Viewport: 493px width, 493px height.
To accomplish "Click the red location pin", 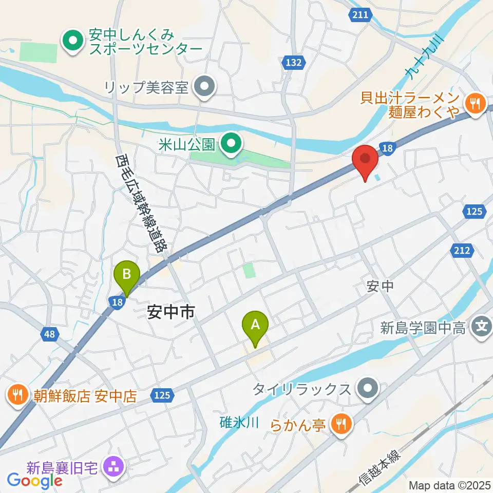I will click(x=365, y=160).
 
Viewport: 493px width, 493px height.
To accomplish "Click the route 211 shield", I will click(x=361, y=15).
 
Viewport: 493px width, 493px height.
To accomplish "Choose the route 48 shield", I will click(x=49, y=335).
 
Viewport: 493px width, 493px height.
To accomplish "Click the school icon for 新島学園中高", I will click(x=482, y=326).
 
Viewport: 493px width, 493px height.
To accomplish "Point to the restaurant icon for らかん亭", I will click(x=340, y=424).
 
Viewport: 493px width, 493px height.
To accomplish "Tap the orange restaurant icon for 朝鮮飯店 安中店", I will click(x=16, y=396).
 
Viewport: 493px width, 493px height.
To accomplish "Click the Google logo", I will click(x=34, y=481).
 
